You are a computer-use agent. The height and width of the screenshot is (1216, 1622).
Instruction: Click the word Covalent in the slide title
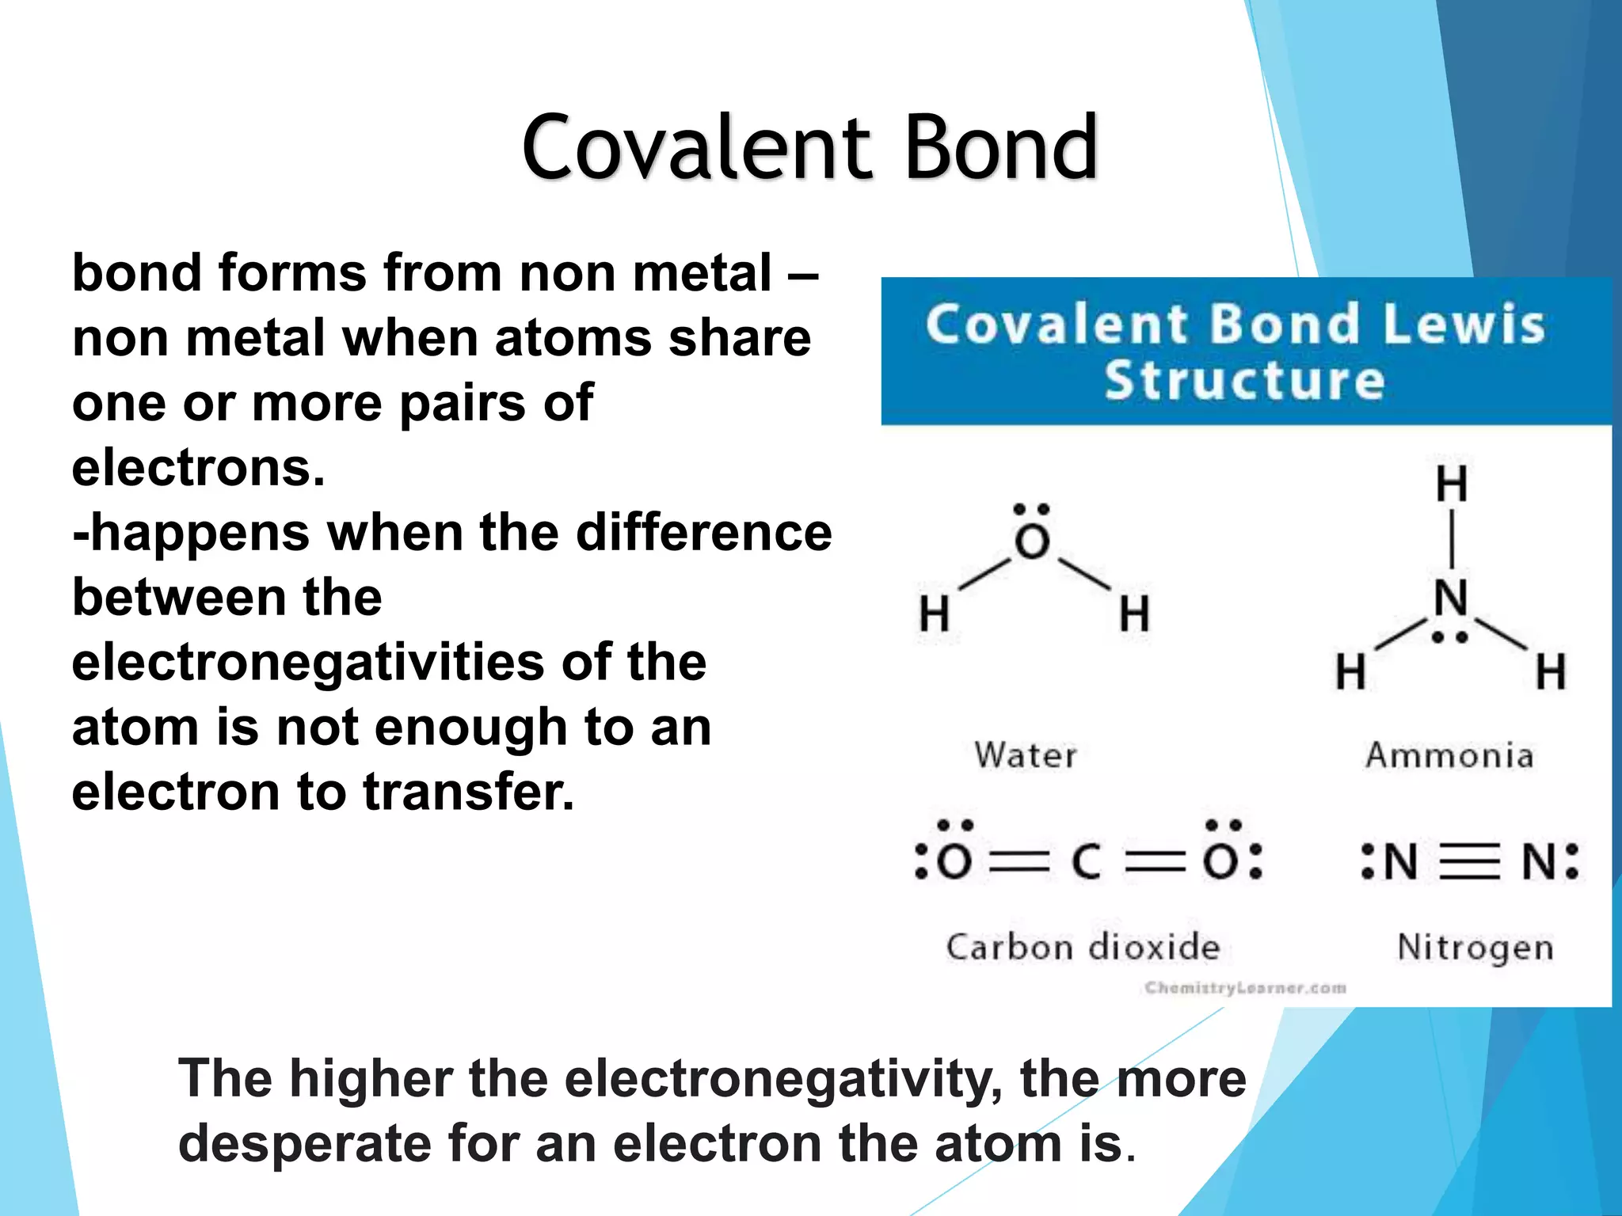click(x=698, y=147)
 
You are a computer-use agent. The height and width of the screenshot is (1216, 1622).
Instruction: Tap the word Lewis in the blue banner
click(x=1464, y=325)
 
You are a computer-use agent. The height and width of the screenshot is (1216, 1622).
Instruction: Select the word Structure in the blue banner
click(x=1244, y=381)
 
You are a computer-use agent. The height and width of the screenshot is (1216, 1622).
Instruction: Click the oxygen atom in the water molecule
click(x=1032, y=542)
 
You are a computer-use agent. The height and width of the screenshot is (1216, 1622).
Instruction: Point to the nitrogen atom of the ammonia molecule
click(x=1451, y=598)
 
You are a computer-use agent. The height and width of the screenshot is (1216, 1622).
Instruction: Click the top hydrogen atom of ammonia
click(x=1452, y=484)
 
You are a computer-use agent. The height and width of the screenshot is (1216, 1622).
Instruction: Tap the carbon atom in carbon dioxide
click(x=1087, y=862)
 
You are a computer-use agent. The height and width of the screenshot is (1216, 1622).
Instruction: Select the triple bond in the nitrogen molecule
click(x=1470, y=861)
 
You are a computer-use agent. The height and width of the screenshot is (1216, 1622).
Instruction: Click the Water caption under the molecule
click(x=1026, y=755)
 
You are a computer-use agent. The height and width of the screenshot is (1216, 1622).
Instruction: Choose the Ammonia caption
click(x=1449, y=755)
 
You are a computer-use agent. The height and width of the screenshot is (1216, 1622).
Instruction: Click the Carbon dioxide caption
click(x=1083, y=948)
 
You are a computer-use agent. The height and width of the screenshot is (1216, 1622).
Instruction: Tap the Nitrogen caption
click(x=1475, y=948)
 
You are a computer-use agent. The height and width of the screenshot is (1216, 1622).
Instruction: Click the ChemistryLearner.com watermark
click(x=1245, y=988)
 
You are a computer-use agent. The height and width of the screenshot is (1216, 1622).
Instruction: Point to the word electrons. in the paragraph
click(x=199, y=468)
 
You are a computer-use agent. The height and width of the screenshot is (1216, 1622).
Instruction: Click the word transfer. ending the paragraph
click(x=469, y=792)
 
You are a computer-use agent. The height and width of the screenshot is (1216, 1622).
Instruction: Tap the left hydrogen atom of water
click(x=934, y=614)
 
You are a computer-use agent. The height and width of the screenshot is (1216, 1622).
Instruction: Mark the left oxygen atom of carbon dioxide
click(x=954, y=862)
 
